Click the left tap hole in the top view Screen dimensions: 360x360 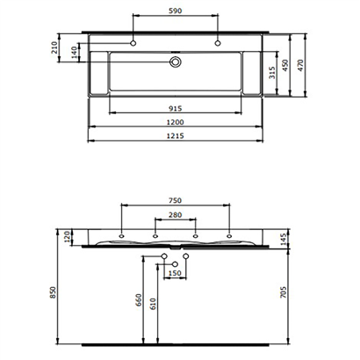point(133,43)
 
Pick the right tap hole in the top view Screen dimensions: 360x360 point(216,43)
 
